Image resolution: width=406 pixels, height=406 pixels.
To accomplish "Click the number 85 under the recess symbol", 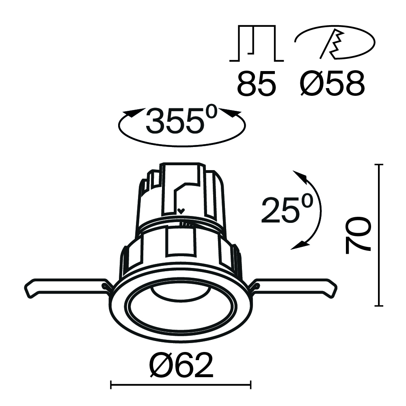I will (x=257, y=84).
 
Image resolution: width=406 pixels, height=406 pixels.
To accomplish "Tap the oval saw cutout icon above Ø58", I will (x=334, y=42).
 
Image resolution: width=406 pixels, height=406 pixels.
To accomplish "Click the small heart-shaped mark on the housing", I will (x=181, y=211).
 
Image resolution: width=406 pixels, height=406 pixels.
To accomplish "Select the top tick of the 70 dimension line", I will (x=379, y=164).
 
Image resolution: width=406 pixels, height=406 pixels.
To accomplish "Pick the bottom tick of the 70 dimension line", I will (x=379, y=305).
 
